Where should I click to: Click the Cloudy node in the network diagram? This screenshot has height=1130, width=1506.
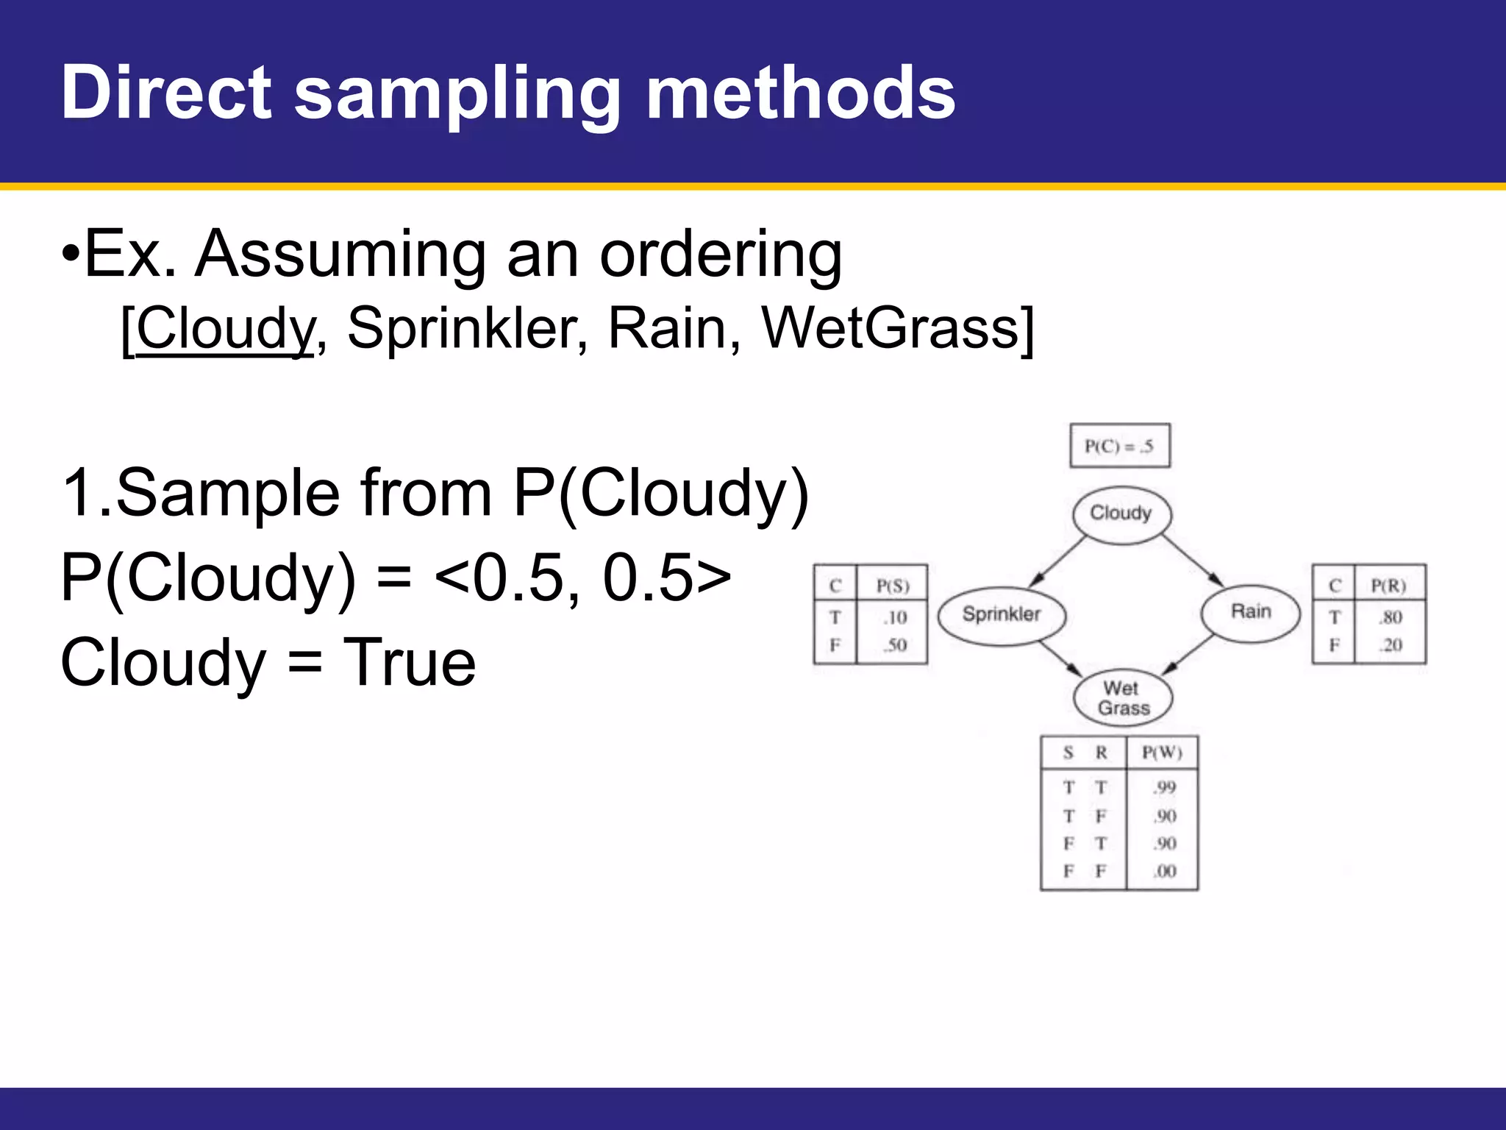1121,514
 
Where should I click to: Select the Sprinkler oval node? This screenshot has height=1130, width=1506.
1001,614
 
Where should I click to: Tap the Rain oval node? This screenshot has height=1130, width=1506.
1250,612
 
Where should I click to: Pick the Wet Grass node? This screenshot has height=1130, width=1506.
1122,698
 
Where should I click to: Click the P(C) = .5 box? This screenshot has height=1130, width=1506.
1119,446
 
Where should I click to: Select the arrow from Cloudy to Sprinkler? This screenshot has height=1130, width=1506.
1057,563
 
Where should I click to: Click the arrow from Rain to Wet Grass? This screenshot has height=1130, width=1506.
1188,654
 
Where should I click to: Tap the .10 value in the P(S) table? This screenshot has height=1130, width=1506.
895,618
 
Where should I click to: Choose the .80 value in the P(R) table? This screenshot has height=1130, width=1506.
1391,617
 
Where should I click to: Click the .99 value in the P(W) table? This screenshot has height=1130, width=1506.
1164,788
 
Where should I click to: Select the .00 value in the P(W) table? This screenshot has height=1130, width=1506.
1164,872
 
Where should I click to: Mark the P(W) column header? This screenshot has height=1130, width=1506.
1162,753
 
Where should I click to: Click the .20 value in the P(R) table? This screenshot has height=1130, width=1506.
1391,646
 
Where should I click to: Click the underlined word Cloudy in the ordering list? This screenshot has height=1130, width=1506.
224,328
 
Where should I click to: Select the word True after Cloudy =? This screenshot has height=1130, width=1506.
410,663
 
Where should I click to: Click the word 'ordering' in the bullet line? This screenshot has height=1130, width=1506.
721,255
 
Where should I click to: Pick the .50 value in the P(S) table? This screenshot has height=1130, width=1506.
895,646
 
